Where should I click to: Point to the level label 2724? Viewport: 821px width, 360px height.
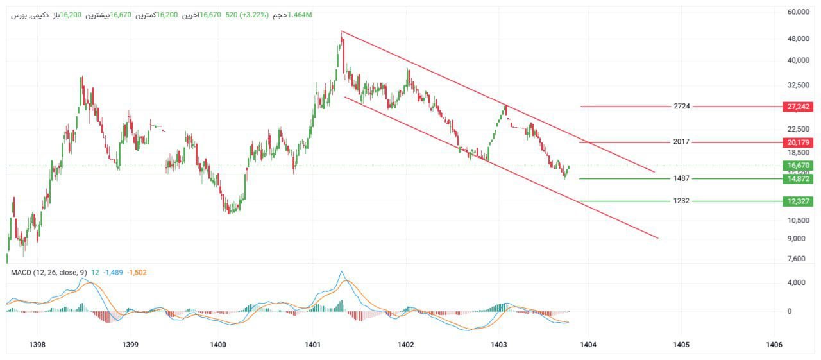(x=682, y=107)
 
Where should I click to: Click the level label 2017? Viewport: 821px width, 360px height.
(x=682, y=142)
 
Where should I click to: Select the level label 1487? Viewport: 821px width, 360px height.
(x=682, y=179)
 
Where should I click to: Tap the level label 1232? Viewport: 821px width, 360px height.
(x=682, y=201)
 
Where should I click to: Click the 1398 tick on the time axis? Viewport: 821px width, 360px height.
(x=37, y=345)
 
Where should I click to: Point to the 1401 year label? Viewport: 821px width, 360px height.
(x=312, y=345)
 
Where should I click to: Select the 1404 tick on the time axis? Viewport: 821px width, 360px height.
(x=588, y=345)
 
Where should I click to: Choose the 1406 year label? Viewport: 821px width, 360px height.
(x=774, y=345)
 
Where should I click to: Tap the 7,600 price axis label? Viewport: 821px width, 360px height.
(x=799, y=259)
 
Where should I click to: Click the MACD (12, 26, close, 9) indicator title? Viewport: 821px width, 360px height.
(x=49, y=273)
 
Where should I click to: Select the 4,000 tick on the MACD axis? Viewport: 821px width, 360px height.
(x=799, y=282)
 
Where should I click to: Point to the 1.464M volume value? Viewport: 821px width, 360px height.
(x=300, y=15)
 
